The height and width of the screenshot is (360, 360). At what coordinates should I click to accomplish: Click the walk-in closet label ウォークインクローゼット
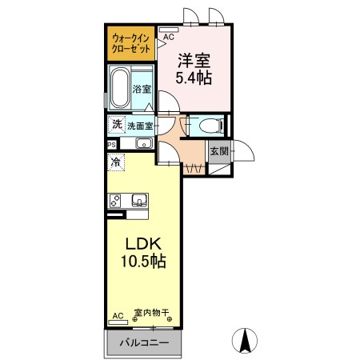[x=130, y=42]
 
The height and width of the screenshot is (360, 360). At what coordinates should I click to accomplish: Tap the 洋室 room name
[x=195, y=59]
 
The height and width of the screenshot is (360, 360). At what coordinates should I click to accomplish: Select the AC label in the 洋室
[x=169, y=36]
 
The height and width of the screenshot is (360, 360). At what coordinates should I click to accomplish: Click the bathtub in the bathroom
[x=121, y=87]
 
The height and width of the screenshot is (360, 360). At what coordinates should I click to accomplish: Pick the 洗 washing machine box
[x=117, y=125]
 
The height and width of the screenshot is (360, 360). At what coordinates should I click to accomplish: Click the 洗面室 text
[x=140, y=126]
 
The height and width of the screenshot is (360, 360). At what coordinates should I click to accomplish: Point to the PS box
[x=111, y=145]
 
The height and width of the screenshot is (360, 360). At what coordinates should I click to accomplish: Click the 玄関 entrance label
[x=219, y=150]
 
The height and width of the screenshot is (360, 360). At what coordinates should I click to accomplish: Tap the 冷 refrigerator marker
[x=116, y=161]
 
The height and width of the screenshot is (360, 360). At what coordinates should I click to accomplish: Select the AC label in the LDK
[x=118, y=315]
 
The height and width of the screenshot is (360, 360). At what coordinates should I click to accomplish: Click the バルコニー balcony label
[x=144, y=343]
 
